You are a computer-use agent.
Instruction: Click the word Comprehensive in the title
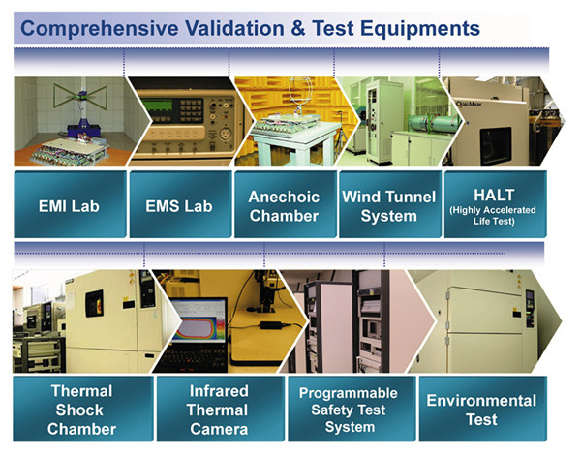click(100, 29)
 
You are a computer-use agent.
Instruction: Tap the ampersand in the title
click(298, 28)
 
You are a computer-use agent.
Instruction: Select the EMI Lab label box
click(70, 203)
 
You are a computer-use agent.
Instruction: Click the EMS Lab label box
click(180, 203)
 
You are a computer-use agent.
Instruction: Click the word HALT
click(494, 195)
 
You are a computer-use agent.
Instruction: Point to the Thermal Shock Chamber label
click(82, 409)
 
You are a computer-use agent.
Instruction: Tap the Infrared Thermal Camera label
click(220, 409)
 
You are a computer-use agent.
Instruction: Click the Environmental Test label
click(482, 409)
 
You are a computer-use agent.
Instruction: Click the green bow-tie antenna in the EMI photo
click(80, 97)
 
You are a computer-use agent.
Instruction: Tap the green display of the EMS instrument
click(158, 106)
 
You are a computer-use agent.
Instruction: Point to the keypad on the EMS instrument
click(192, 110)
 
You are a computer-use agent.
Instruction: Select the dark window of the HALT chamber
click(496, 145)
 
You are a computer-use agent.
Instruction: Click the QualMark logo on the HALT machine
click(469, 104)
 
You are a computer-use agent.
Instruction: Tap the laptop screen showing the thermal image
click(199, 320)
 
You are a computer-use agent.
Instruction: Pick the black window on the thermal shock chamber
click(94, 303)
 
